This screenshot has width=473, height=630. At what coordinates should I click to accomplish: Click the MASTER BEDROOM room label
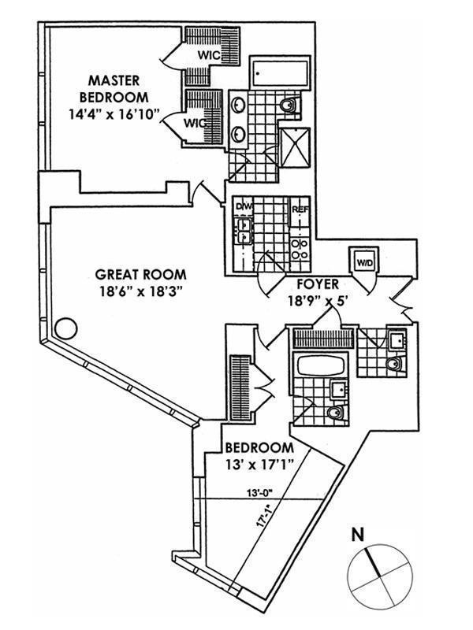click(118, 89)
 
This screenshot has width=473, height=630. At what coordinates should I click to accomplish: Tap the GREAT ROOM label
click(140, 275)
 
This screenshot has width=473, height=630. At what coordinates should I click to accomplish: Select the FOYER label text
click(318, 283)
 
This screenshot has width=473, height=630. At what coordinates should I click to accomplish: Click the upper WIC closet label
click(208, 55)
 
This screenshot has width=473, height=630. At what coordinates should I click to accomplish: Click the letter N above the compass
click(357, 535)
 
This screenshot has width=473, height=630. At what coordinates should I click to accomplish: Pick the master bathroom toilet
click(289, 103)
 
